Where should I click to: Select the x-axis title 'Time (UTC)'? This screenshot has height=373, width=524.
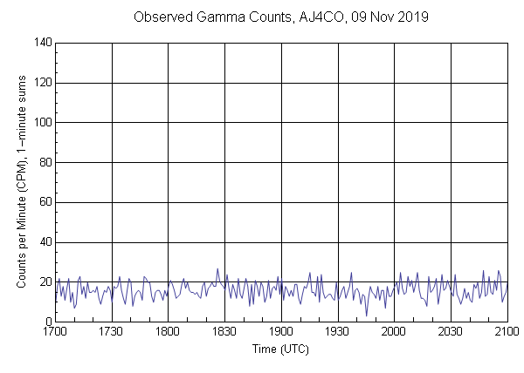[280, 349]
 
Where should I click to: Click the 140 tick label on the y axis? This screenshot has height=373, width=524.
[40, 43]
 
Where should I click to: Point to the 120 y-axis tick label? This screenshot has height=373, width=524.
[40, 83]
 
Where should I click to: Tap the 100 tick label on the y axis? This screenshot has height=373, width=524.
[40, 123]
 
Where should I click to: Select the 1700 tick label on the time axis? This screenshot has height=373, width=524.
[55, 332]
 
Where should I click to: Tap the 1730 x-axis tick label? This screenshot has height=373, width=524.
[112, 332]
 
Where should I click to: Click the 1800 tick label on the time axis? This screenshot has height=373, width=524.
[169, 332]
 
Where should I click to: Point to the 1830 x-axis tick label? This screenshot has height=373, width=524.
[224, 332]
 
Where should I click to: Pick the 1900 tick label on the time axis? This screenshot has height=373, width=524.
[281, 332]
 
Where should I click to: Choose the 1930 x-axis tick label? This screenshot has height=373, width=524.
[338, 332]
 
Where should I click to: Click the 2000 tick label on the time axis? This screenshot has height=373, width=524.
[394, 332]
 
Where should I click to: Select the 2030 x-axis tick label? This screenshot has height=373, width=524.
[451, 332]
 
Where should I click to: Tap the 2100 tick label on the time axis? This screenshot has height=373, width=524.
[507, 332]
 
